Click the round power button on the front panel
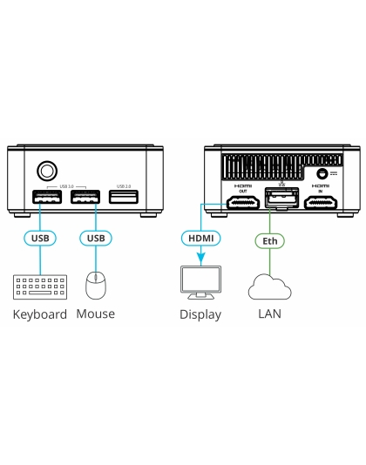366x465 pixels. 44,170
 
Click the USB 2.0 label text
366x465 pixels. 123,185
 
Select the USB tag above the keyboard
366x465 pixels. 40,237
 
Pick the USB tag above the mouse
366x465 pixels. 96,237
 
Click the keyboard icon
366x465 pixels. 40,286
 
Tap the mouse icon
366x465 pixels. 96,286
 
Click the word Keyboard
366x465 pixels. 40,314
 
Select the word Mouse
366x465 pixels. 96,314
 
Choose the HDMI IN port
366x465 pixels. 321,204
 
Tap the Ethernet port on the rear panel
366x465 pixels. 281,201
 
